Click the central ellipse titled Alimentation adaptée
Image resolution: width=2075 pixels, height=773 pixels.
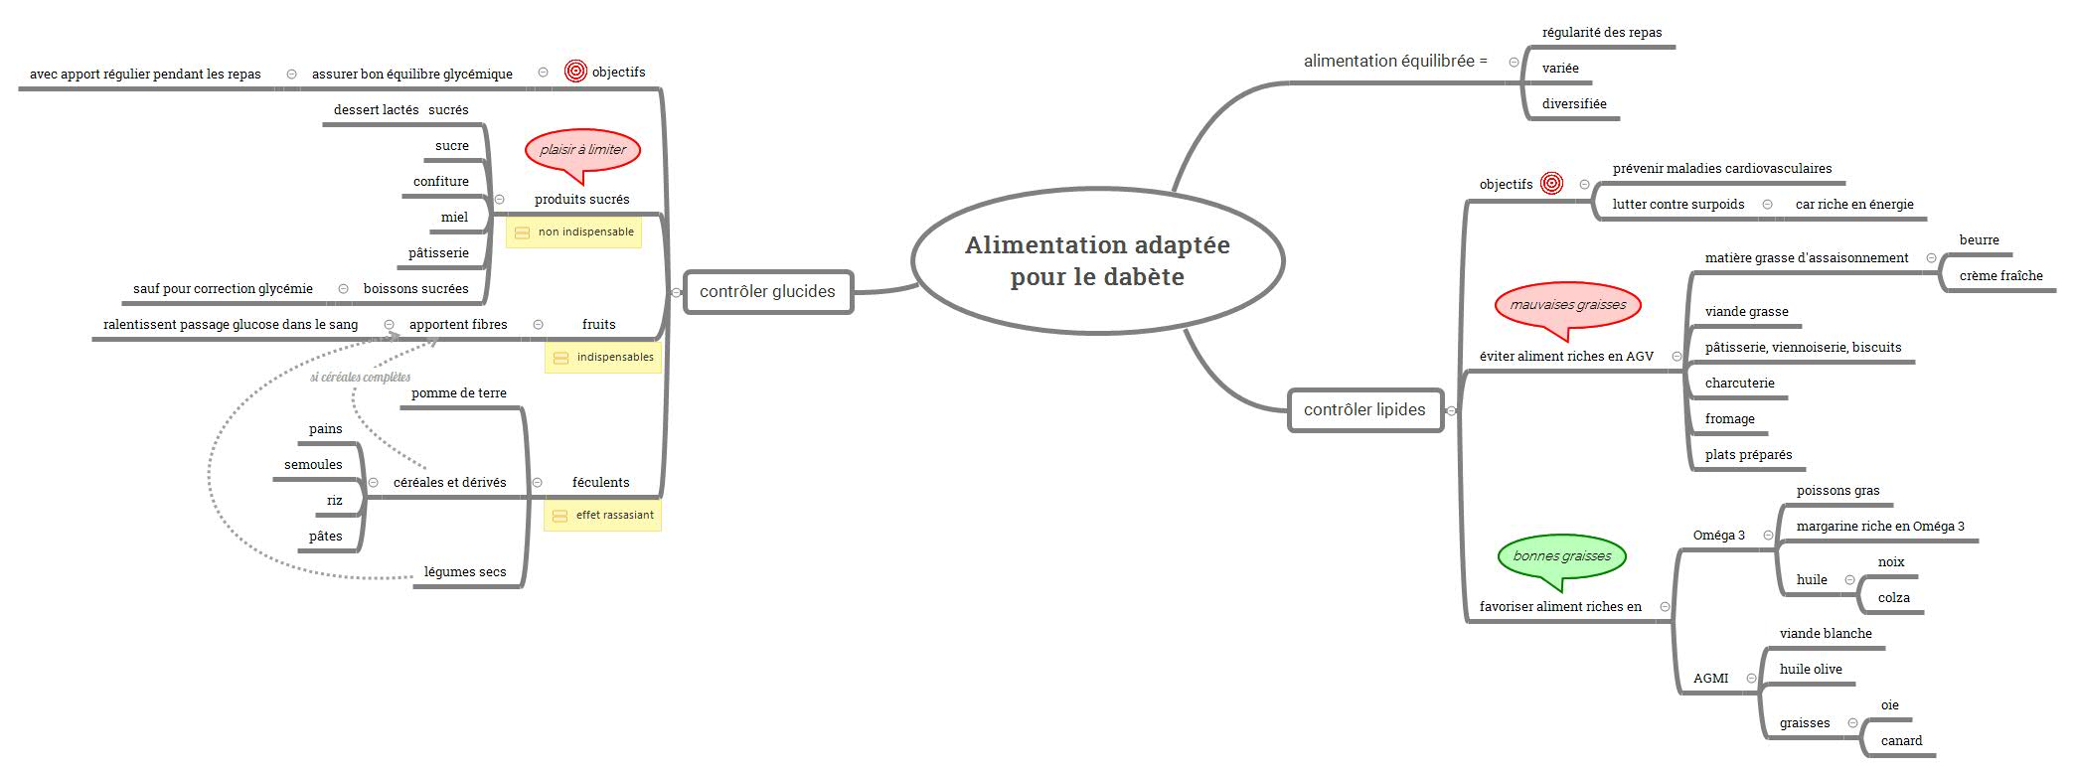1098,260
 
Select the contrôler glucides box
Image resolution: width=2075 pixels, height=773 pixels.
768,292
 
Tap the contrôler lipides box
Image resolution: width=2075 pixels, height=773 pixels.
1365,409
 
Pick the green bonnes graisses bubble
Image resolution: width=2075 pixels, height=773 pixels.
1562,559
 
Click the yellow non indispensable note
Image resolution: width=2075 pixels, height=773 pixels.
574,232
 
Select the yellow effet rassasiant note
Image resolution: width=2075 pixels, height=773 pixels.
602,516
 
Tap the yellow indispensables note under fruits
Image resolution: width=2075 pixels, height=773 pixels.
603,358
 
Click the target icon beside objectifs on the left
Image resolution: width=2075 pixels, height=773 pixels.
575,72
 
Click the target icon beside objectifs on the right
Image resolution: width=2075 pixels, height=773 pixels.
1551,184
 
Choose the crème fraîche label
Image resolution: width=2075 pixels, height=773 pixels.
2001,276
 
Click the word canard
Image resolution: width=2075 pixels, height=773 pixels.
1901,741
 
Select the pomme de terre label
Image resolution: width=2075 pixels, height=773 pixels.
459,393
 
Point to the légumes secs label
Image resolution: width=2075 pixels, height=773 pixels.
465,572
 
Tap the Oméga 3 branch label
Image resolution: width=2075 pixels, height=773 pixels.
1719,536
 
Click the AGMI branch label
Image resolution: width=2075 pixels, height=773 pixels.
1711,679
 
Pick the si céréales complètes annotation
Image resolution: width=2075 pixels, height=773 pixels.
361,378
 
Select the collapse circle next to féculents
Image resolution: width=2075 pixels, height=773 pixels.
538,483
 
